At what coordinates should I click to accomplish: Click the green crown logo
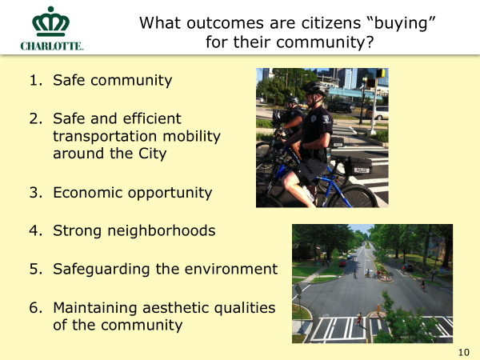[x=51, y=22]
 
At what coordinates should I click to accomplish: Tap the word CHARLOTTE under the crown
[x=52, y=46]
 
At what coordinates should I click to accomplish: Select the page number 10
[x=464, y=352]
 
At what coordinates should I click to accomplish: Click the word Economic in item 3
[x=88, y=193]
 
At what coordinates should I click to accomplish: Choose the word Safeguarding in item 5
[x=101, y=270]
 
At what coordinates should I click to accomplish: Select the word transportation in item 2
[x=105, y=136]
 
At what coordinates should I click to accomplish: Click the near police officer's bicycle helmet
[x=314, y=88]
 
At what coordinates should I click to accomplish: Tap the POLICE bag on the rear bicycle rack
[x=358, y=166]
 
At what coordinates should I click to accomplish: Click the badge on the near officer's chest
[x=314, y=118]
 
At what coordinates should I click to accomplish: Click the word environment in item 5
[x=231, y=269]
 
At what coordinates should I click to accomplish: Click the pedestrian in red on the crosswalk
[x=358, y=319]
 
